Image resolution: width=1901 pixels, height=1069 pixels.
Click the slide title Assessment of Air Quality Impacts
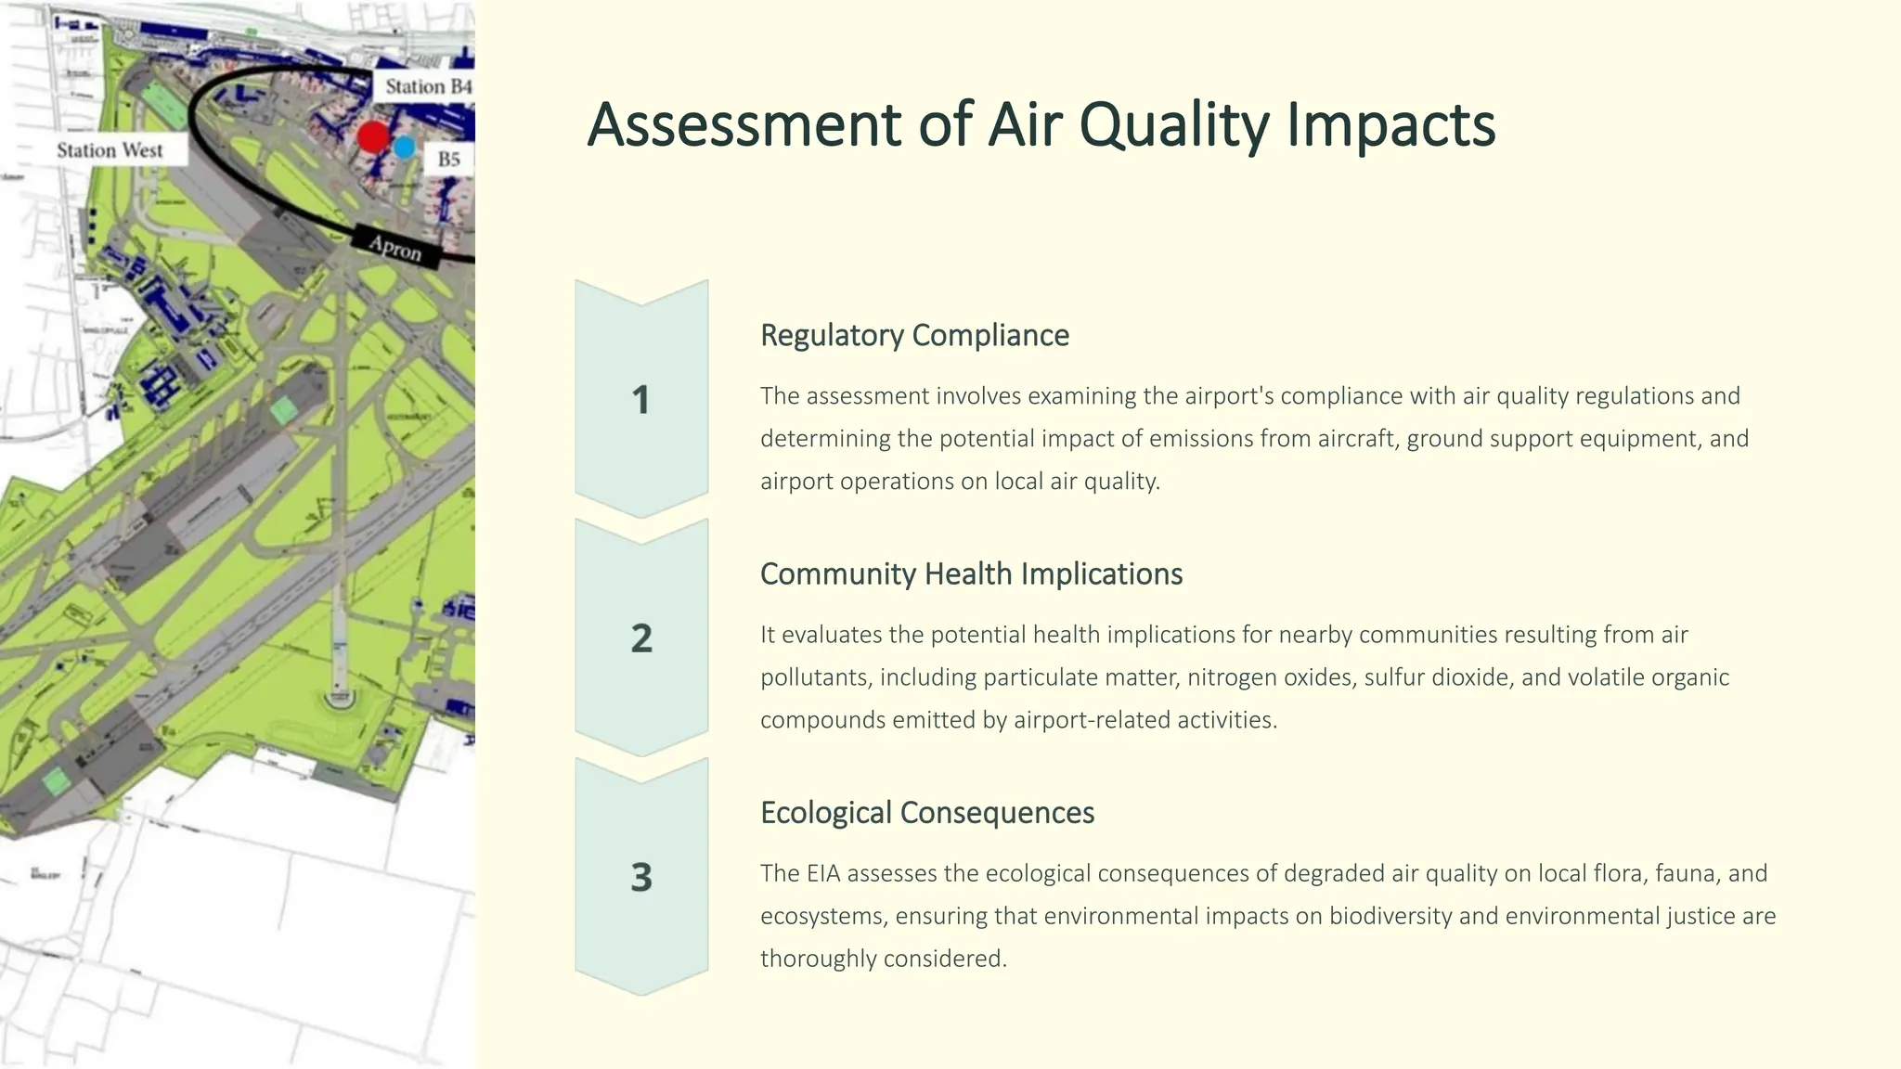(x=1041, y=124)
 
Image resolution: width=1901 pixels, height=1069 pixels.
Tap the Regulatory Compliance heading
(x=914, y=335)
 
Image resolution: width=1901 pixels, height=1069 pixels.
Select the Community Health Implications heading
(x=971, y=573)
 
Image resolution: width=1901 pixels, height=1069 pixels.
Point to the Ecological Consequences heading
(x=926, y=812)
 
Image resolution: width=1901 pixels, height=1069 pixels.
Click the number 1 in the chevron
(x=640, y=400)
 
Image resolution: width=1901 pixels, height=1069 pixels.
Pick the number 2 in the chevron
(x=641, y=638)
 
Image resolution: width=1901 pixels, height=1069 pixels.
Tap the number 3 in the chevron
(x=641, y=877)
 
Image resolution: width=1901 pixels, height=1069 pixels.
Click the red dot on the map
(x=373, y=136)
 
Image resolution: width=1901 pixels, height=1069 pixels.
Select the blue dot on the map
(x=404, y=147)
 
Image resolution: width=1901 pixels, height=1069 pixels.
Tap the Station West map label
(x=110, y=150)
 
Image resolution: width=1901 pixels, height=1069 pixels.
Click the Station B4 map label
(x=428, y=86)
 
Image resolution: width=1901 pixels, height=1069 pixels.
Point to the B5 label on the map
(x=449, y=159)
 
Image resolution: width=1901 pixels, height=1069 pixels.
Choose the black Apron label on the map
(x=395, y=248)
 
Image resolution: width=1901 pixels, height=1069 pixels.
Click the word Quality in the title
(x=1174, y=124)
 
